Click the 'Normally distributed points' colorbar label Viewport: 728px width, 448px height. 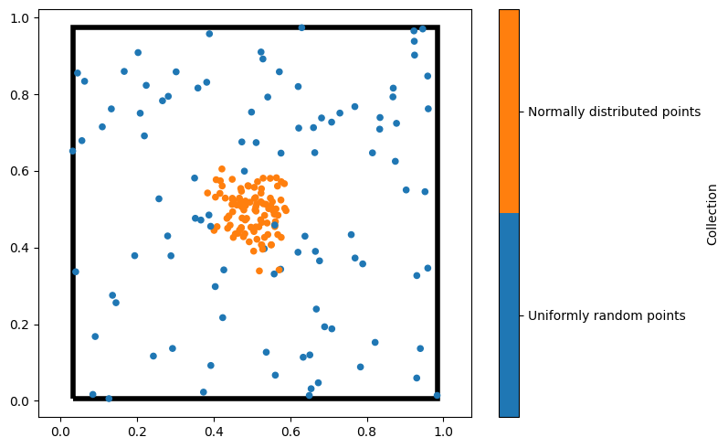click(x=615, y=112)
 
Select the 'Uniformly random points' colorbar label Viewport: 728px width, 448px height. click(x=607, y=315)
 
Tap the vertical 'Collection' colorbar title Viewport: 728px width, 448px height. click(x=712, y=214)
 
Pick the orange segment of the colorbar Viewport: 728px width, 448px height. click(x=509, y=112)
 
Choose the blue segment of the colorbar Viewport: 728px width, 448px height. click(x=509, y=315)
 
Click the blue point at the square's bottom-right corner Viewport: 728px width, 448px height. click(x=437, y=396)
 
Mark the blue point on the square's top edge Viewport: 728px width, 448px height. click(x=301, y=27)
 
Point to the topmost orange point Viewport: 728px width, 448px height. click(x=222, y=169)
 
